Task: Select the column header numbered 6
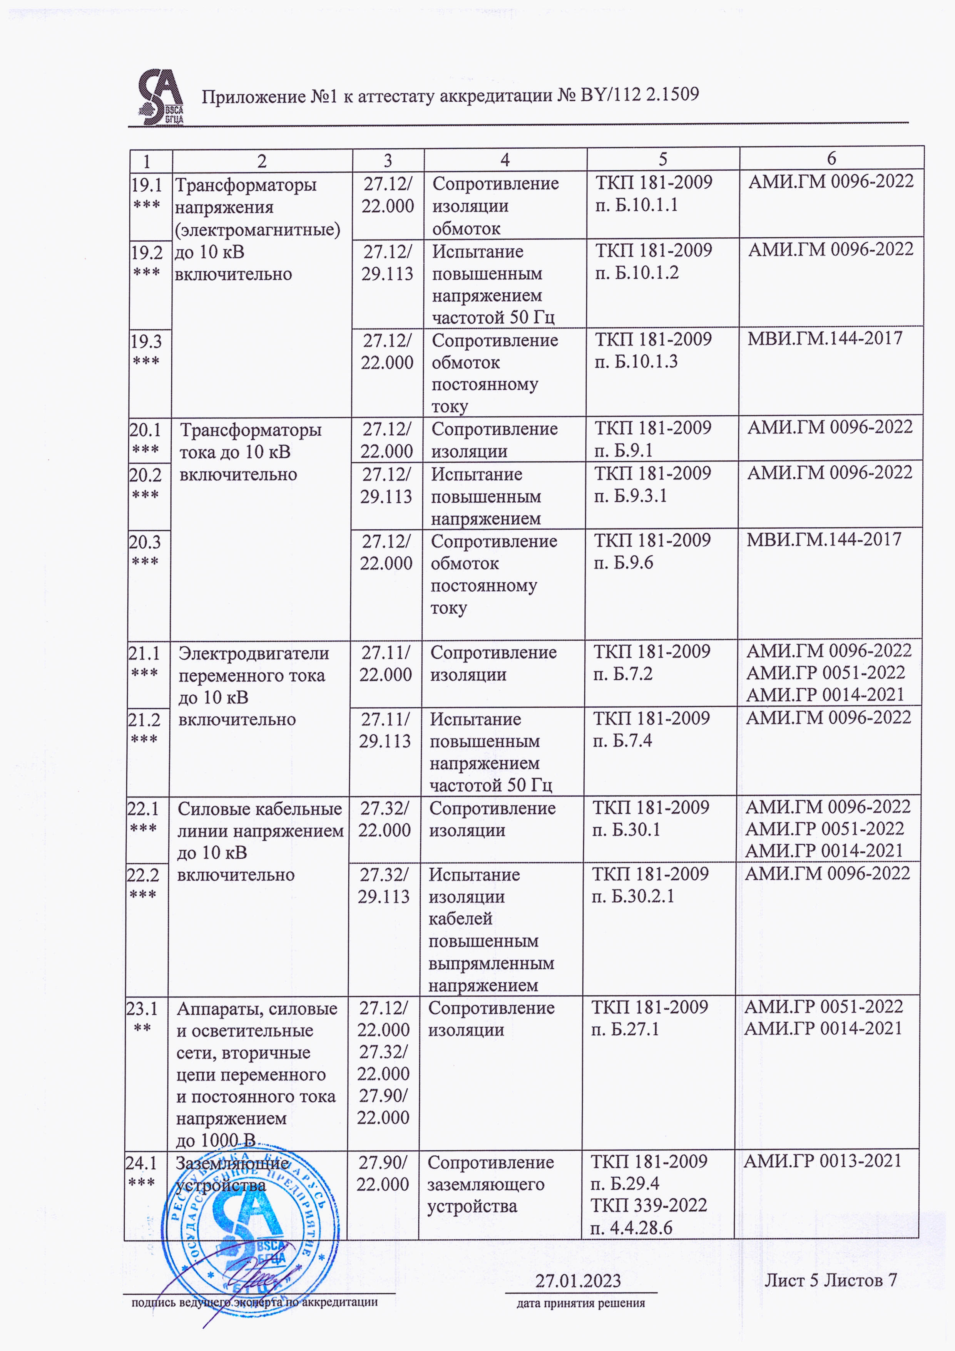(831, 158)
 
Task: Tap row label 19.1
(146, 185)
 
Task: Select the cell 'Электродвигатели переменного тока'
(253, 664)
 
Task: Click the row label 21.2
(144, 720)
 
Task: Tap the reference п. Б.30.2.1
(633, 896)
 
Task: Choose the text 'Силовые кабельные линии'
(260, 820)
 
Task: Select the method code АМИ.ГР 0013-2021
(822, 1161)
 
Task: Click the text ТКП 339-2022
(649, 1205)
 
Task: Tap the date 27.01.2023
(577, 1281)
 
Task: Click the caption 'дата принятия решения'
(580, 1303)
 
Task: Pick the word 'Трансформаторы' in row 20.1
(251, 430)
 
